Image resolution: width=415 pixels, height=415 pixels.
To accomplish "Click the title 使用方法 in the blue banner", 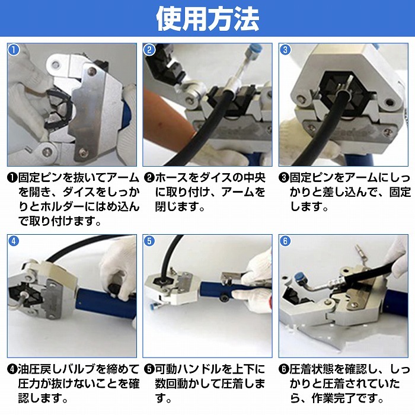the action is click(207, 19).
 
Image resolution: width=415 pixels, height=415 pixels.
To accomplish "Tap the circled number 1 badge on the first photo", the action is click(14, 49).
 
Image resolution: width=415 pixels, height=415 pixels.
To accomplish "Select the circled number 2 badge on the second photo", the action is click(149, 49).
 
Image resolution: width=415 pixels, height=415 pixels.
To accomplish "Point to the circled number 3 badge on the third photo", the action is click(285, 49).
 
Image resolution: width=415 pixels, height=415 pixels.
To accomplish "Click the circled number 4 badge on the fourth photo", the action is click(14, 241).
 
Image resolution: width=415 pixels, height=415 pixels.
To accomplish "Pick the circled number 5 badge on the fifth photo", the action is click(149, 241).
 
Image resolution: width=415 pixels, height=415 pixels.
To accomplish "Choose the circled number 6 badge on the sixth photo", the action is click(285, 241).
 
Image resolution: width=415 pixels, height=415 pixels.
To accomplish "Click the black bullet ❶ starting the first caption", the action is click(12, 178).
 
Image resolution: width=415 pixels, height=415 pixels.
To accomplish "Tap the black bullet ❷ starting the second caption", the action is click(149, 178).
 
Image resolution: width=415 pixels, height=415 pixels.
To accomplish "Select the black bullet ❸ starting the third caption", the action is click(284, 178).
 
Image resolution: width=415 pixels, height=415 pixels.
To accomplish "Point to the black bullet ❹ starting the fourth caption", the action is click(12, 369).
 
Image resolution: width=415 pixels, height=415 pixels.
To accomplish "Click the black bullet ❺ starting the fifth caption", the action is click(149, 369).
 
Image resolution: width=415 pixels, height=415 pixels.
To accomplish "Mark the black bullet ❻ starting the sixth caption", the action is click(284, 369).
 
